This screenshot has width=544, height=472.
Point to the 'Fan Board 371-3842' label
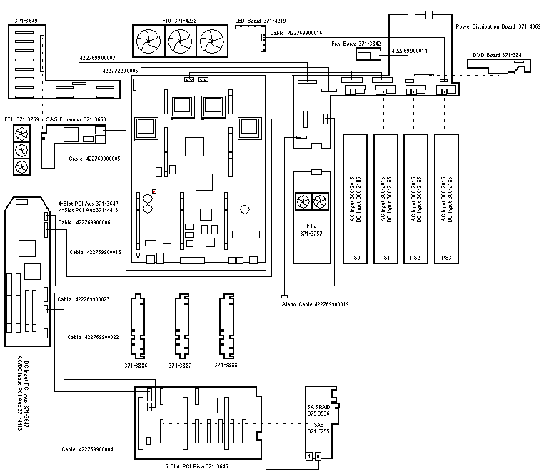[356, 44]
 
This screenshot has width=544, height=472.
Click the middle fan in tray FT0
[179, 43]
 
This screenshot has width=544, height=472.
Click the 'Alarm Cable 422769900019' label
[315, 304]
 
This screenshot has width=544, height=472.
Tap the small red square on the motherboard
[153, 191]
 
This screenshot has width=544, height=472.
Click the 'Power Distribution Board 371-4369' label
[498, 26]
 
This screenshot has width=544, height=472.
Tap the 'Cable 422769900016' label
[296, 33]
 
